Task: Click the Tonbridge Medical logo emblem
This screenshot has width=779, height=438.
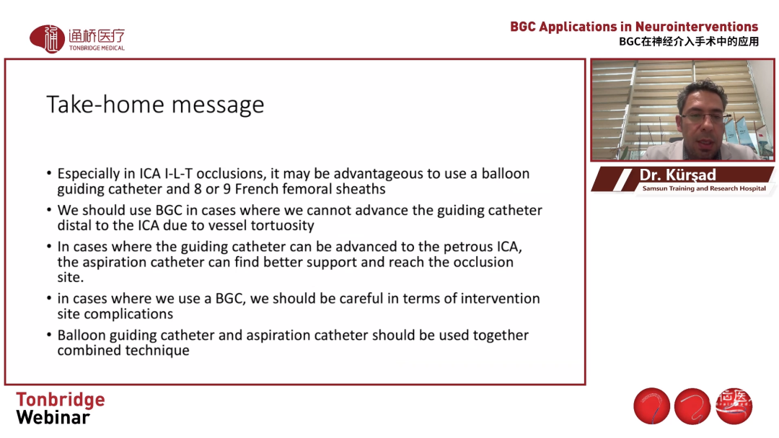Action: [47, 39]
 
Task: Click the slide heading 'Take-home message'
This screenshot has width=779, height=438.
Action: [155, 105]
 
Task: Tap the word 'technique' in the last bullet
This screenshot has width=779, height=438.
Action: [157, 351]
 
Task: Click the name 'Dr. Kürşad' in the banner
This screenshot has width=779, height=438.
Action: [677, 175]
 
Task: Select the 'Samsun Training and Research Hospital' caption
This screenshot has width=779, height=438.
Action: [704, 188]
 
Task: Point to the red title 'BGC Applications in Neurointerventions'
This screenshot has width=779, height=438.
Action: [634, 27]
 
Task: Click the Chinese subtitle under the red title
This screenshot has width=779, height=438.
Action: [689, 42]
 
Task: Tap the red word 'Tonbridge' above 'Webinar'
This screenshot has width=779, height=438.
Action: [60, 400]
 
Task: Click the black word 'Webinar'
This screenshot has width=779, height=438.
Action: [53, 418]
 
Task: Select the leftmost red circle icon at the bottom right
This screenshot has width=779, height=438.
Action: [652, 406]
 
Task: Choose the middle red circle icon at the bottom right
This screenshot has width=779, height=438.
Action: [692, 406]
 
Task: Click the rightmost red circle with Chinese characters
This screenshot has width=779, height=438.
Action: [734, 406]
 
